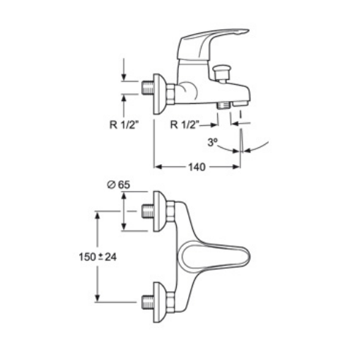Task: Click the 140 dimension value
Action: [x=197, y=167]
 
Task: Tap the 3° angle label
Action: [x=213, y=142]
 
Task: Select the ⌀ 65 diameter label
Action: [x=118, y=185]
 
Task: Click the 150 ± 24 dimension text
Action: [x=98, y=257]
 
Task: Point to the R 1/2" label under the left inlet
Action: [x=124, y=125]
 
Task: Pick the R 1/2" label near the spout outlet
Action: [x=185, y=124]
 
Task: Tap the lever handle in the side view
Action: [x=212, y=42]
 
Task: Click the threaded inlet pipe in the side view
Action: [x=148, y=88]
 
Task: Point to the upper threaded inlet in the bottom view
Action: [x=148, y=211]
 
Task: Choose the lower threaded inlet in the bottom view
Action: [x=148, y=302]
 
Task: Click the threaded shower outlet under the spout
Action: [x=223, y=105]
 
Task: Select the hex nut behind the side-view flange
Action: [x=170, y=94]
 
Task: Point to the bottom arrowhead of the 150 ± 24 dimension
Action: [x=98, y=298]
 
